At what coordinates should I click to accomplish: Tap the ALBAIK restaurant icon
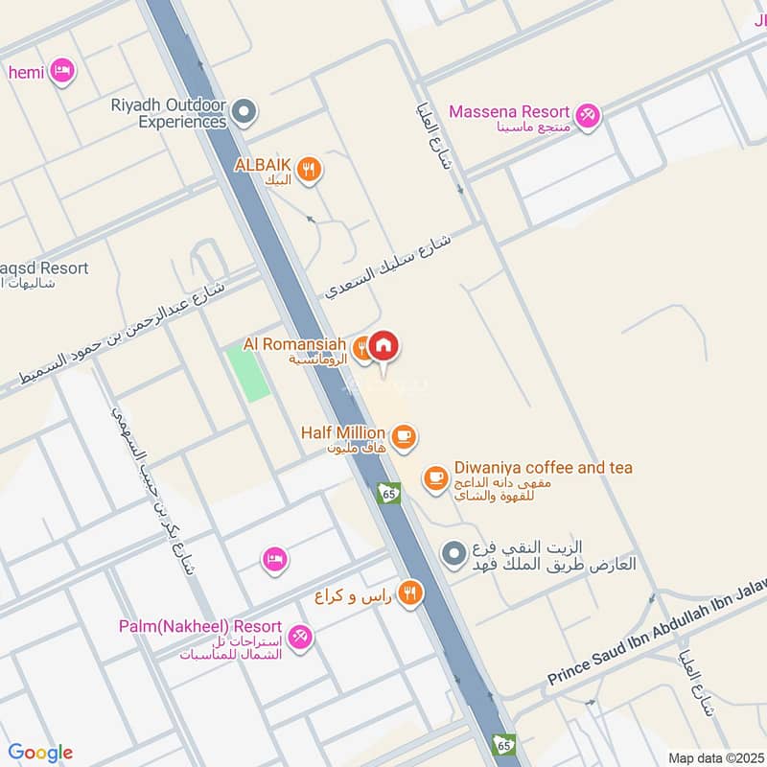[308, 171]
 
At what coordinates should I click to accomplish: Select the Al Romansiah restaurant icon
[361, 350]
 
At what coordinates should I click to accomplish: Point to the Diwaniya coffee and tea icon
[436, 476]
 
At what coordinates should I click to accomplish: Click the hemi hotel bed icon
[62, 71]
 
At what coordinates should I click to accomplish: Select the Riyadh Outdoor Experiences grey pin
[244, 114]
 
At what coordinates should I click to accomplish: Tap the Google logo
[40, 753]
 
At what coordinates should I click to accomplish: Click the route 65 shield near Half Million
[388, 493]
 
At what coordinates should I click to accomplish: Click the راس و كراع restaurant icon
[410, 593]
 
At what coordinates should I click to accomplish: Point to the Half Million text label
[342, 433]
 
